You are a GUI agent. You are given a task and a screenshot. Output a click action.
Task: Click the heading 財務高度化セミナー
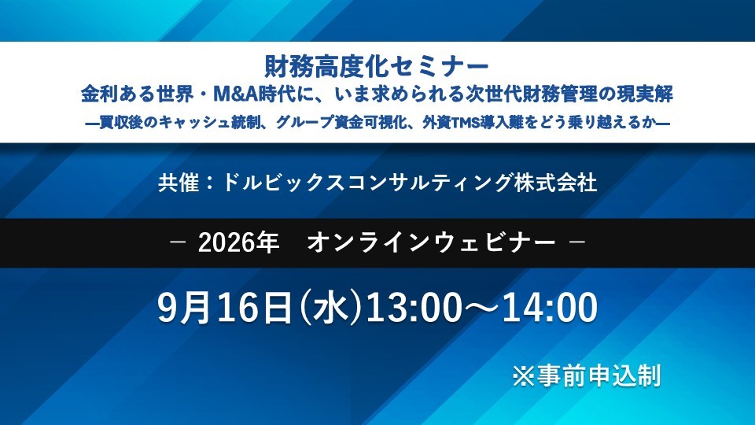point(377,66)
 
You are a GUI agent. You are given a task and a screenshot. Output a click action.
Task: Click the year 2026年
point(238,242)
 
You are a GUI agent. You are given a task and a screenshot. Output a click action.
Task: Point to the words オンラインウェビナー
point(432,242)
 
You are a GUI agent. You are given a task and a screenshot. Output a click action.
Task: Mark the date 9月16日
point(225,308)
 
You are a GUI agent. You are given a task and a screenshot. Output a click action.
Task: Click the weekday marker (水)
point(330,308)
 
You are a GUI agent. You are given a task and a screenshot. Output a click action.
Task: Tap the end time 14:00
point(550,308)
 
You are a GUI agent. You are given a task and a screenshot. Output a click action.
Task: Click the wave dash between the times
point(481,309)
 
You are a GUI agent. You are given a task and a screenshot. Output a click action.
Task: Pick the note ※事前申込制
point(586,375)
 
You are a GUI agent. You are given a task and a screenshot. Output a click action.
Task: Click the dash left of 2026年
point(179,242)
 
